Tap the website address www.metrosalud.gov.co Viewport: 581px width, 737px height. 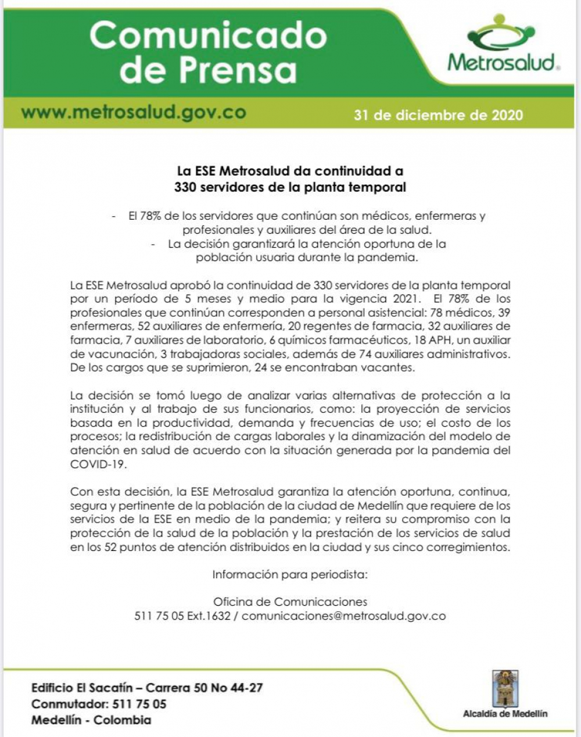134,112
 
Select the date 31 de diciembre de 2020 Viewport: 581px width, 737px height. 438,115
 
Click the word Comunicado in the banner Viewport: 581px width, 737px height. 207,36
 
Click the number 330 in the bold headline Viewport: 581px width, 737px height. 185,187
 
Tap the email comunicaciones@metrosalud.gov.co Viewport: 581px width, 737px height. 343,616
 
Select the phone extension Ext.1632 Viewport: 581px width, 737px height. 208,616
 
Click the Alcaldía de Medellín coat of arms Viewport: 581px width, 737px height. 504,688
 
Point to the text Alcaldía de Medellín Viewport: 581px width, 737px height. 505,714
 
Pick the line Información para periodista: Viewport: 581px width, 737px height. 290,575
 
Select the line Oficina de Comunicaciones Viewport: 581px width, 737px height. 290,602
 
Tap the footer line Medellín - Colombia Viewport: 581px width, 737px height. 91,720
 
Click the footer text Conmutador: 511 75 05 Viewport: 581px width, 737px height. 99,704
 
